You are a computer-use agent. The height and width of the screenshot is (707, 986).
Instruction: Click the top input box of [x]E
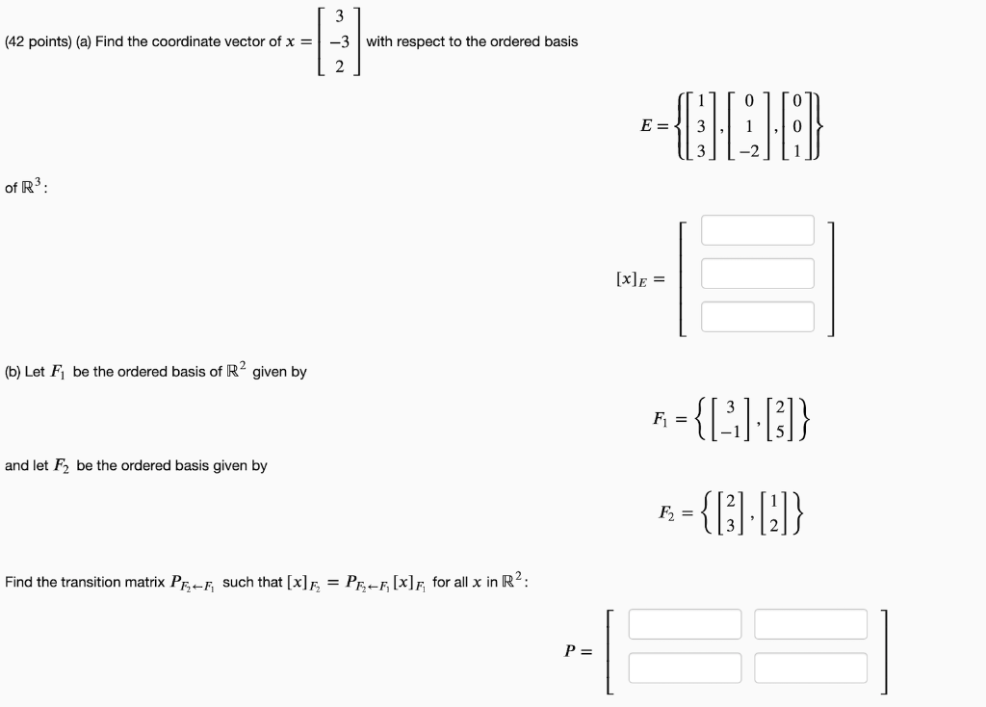pyautogui.click(x=757, y=230)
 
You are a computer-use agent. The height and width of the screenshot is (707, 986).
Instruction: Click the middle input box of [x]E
pyautogui.click(x=757, y=274)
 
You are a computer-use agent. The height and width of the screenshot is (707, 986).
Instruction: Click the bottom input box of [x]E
pyautogui.click(x=757, y=317)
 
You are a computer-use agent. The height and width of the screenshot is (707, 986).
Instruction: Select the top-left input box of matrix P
pyautogui.click(x=685, y=624)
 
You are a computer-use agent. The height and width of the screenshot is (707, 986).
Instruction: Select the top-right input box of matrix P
pyautogui.click(x=811, y=624)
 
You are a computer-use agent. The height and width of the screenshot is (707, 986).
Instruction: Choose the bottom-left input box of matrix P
pyautogui.click(x=685, y=668)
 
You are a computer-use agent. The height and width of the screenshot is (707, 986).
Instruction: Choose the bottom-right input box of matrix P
pyautogui.click(x=811, y=668)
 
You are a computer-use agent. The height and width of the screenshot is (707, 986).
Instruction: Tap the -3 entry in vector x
pyautogui.click(x=337, y=41)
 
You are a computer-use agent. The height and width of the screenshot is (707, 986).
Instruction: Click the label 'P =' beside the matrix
pyautogui.click(x=579, y=650)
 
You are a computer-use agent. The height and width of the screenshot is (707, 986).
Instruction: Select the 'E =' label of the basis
pyautogui.click(x=653, y=125)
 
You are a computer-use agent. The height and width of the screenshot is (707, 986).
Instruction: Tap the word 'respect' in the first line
pyautogui.click(x=425, y=41)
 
